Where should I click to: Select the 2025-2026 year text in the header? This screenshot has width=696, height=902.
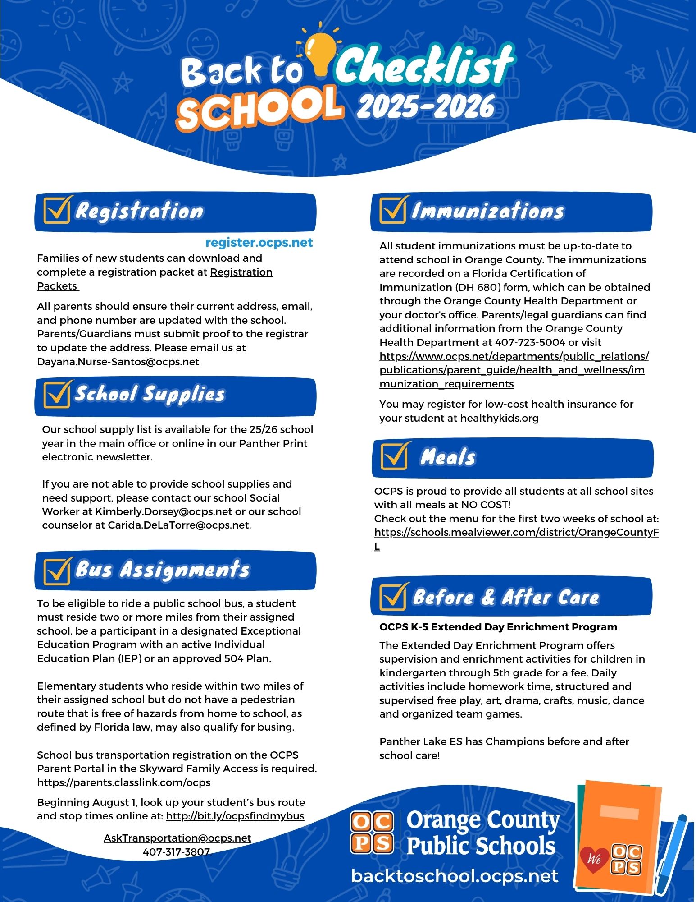[x=426, y=106]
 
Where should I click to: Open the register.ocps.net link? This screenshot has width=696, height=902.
[x=259, y=243]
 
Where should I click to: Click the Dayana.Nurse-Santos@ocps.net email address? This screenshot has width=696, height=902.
[x=118, y=362]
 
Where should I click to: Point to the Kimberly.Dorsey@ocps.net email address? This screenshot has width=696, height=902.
[x=164, y=511]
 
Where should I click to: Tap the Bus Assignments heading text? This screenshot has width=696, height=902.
[x=162, y=569]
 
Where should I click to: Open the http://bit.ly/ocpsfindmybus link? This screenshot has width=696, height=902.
[x=235, y=816]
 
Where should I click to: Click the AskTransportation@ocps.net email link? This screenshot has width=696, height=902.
[x=177, y=838]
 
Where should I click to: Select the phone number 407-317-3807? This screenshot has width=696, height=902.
[x=177, y=852]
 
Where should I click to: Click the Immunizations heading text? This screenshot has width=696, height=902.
[x=487, y=211]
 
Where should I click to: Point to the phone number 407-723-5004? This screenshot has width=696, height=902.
[x=530, y=342]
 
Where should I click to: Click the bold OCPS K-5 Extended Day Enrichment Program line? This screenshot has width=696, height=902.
[x=498, y=627]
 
